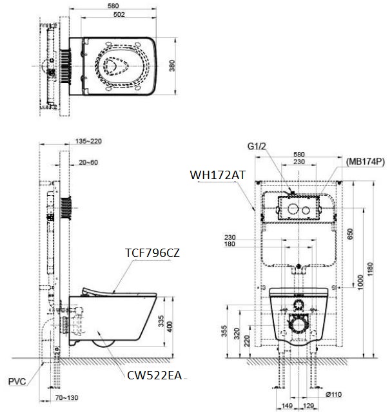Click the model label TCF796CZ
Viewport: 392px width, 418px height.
[152, 253]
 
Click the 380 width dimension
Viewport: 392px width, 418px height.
[172, 66]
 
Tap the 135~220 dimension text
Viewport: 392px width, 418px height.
[88, 140]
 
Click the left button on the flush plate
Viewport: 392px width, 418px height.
[291, 209]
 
